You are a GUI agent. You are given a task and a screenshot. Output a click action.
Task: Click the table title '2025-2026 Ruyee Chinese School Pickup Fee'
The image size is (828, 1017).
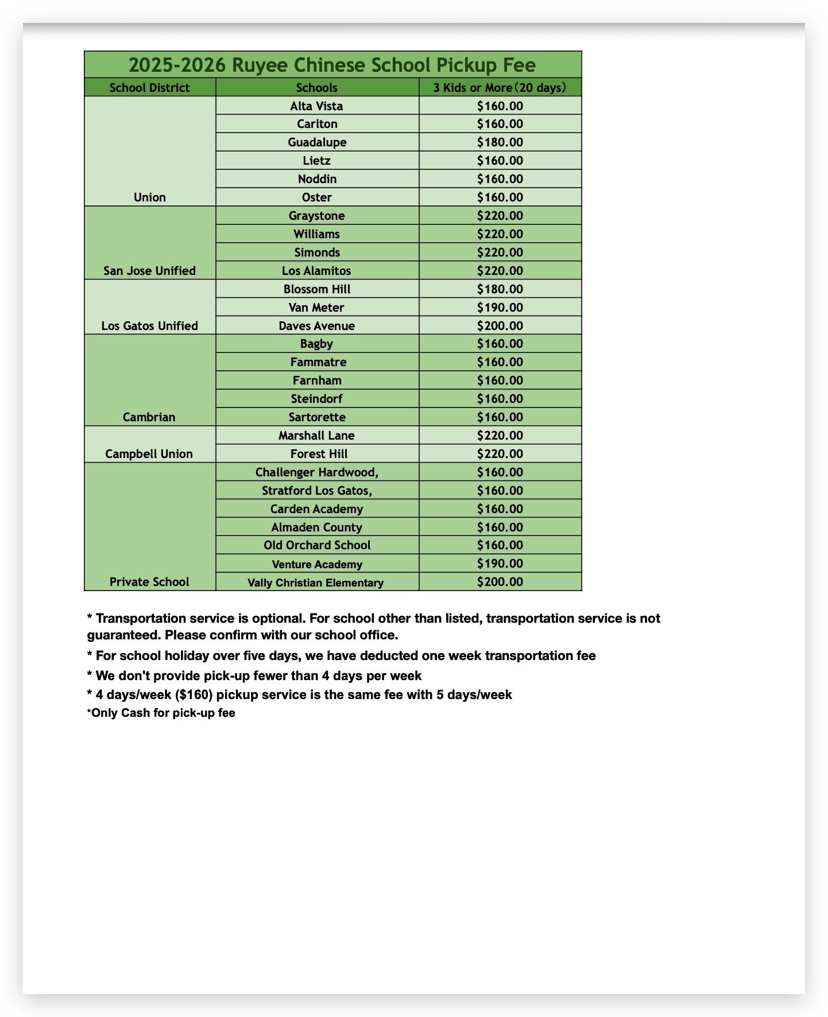[x=332, y=65]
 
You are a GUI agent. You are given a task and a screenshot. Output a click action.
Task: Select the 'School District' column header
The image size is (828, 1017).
[x=149, y=88]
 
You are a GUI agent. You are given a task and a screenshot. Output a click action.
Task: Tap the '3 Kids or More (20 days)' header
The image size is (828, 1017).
[x=500, y=88]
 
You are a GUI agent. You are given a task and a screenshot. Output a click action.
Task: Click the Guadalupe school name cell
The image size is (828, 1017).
[x=317, y=142]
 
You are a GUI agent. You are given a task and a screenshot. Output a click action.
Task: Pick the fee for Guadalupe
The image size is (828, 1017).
[x=500, y=142]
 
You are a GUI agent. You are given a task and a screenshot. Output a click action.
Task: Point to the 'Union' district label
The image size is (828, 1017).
[x=149, y=197]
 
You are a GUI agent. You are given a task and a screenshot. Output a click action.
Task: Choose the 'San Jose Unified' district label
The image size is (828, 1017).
[x=149, y=271]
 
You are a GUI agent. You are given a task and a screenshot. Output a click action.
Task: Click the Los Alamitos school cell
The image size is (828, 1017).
[x=316, y=271]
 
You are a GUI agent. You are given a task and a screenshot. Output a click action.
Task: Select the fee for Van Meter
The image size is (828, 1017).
[x=500, y=308]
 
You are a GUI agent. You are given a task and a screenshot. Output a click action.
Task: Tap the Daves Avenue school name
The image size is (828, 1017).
[x=316, y=326]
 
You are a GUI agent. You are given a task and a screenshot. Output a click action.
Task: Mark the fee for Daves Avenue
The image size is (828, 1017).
[x=500, y=326]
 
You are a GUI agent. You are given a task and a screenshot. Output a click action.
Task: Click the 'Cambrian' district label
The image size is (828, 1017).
[x=149, y=417]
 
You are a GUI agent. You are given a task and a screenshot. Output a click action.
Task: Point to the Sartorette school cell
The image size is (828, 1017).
[x=317, y=417]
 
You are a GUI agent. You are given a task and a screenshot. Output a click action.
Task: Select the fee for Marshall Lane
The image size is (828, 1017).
[x=500, y=436]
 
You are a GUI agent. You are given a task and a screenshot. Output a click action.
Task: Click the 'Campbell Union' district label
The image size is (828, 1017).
[x=149, y=454]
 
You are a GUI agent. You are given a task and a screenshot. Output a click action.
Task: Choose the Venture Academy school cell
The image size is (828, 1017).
[x=317, y=564]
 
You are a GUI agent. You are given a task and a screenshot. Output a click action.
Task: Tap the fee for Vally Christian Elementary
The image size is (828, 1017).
[x=500, y=582]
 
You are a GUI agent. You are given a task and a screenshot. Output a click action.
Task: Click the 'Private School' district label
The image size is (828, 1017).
[x=149, y=582]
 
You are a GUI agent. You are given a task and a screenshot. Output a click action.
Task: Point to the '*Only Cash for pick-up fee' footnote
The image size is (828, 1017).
[x=161, y=714]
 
